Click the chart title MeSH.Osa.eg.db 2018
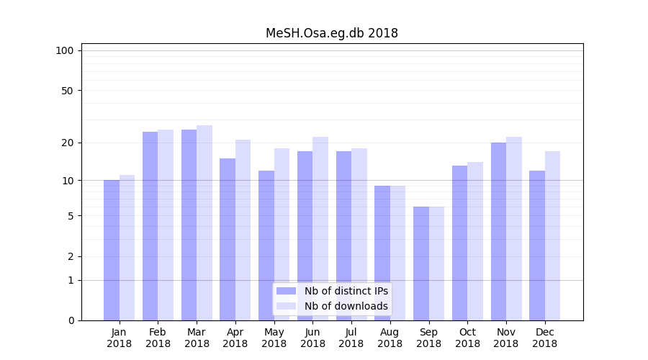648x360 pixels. click(332, 33)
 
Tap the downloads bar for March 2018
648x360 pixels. click(204, 222)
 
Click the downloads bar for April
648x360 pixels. click(243, 230)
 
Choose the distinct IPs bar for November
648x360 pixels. click(498, 231)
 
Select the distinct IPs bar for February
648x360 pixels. click(150, 226)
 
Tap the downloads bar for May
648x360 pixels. click(282, 234)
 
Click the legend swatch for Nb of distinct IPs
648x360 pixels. click(287, 291)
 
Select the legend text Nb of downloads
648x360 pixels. click(346, 306)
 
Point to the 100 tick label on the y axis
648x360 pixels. click(65, 50)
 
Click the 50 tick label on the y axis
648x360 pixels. click(67, 91)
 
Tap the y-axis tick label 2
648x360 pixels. click(71, 256)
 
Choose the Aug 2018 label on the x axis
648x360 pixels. click(390, 338)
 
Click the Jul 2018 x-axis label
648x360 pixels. click(351, 338)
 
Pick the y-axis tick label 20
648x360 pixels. click(67, 143)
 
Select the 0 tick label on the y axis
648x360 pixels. click(71, 320)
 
